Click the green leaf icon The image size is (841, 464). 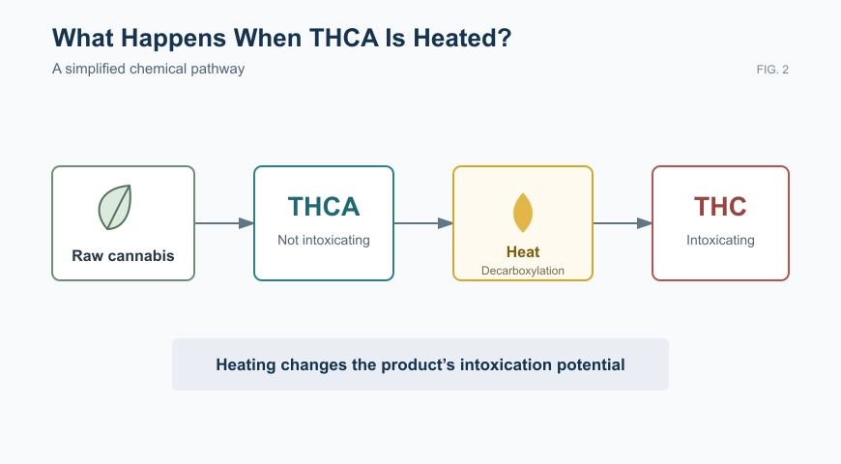[115, 207]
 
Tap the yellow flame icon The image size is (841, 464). [523, 213]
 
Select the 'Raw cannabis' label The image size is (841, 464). [124, 256]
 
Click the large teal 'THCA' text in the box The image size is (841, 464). [324, 207]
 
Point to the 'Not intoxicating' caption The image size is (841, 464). [324, 240]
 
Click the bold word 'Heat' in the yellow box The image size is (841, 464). [523, 251]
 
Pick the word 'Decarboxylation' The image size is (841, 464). [523, 271]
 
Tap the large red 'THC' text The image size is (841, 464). [720, 207]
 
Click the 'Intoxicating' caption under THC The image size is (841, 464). [720, 240]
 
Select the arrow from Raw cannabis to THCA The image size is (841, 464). [224, 223]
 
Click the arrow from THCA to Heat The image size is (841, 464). [423, 223]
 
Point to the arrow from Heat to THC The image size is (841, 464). [623, 223]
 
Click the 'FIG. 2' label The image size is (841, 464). [772, 70]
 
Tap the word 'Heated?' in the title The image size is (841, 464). [462, 38]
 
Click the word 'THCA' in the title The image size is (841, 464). [344, 38]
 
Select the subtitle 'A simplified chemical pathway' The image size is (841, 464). [148, 70]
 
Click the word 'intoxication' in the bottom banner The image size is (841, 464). [506, 364]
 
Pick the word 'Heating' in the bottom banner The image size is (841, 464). [246, 365]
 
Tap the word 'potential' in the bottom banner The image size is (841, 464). [591, 365]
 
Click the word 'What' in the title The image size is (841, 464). [83, 38]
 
